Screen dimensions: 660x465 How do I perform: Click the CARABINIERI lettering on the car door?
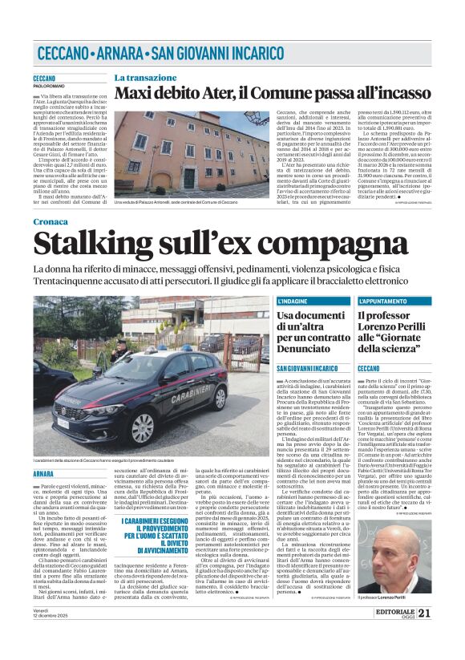click(178, 395)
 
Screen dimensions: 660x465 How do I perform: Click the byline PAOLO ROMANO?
click(49, 84)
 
